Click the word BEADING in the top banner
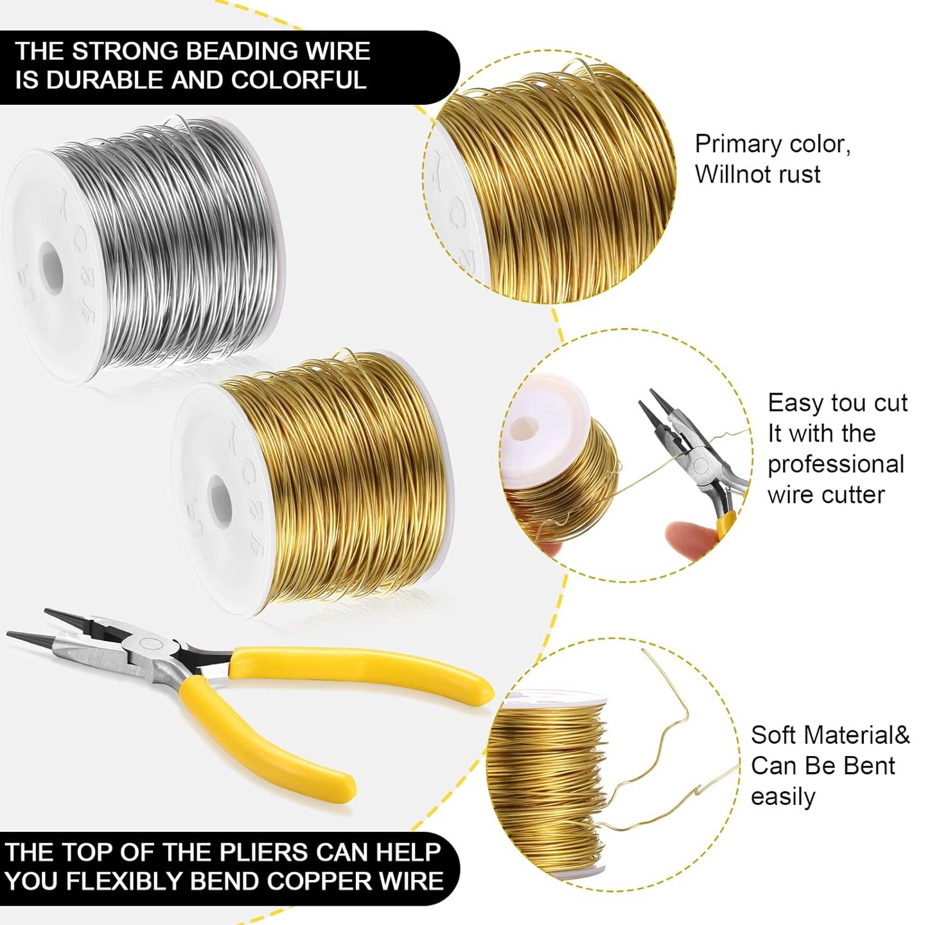[x=233, y=51]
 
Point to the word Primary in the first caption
[x=738, y=145]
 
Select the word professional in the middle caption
[x=836, y=464]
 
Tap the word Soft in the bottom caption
[x=774, y=736]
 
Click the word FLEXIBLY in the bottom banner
[x=125, y=881]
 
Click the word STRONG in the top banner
[x=125, y=51]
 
